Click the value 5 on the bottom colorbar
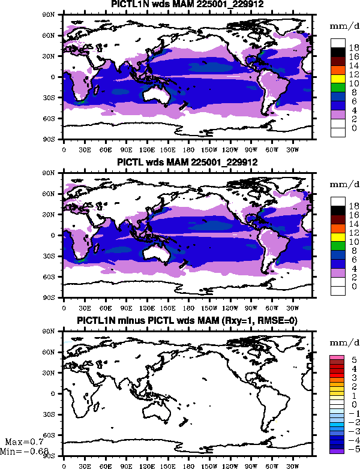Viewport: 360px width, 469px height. click(x=355, y=359)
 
